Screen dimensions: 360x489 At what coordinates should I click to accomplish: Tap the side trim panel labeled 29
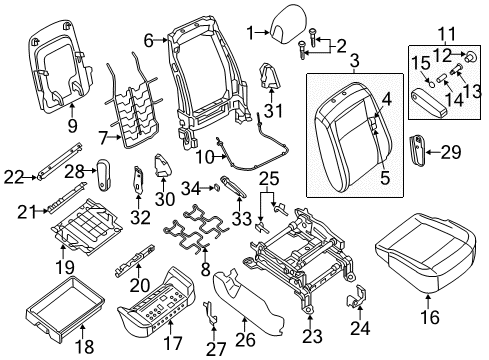click(411, 152)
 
